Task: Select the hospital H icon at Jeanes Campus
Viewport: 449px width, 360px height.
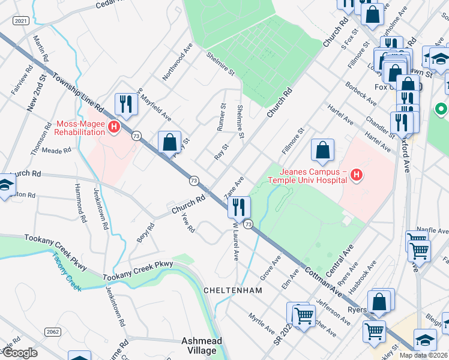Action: [357, 175]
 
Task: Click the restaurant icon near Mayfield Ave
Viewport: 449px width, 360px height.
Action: [126, 104]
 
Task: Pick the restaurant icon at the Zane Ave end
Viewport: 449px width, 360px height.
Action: [240, 207]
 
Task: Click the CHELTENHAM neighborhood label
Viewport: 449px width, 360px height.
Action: [233, 290]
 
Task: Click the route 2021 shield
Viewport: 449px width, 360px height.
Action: [20, 20]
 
